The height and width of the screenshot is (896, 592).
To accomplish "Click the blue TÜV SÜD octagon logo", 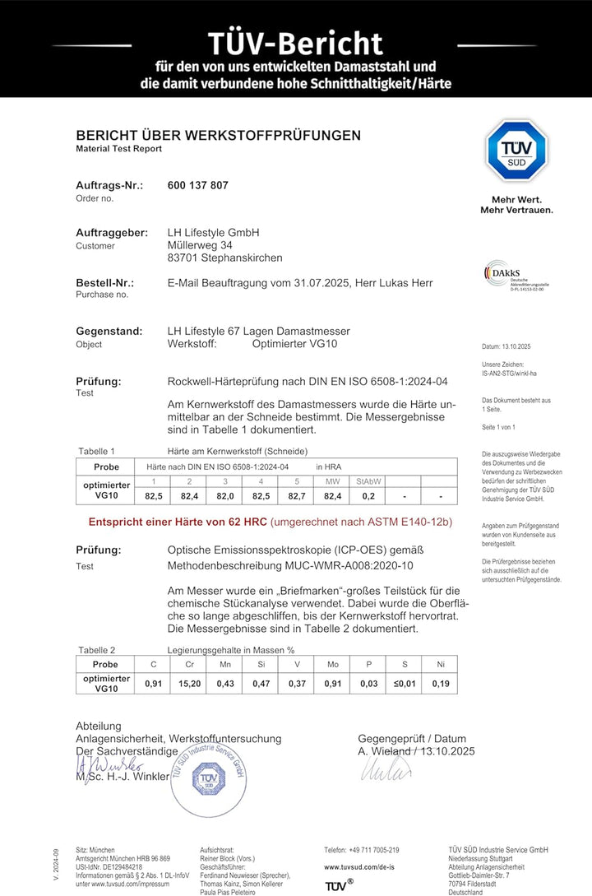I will point(516,151).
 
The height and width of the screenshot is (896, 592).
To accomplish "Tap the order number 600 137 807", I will point(197,185).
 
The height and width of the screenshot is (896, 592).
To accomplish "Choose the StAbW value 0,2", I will point(368,496).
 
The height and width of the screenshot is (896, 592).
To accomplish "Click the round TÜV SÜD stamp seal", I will point(209,778).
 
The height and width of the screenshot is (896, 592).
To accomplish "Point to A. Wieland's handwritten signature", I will point(386,770).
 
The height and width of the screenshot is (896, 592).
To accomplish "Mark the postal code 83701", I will point(183,258).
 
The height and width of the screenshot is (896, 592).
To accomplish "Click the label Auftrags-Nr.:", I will point(109,185).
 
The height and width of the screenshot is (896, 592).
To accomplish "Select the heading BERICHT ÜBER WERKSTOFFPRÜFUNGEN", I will point(218,135).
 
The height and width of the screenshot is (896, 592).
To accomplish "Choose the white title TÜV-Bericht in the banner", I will point(295,44).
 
